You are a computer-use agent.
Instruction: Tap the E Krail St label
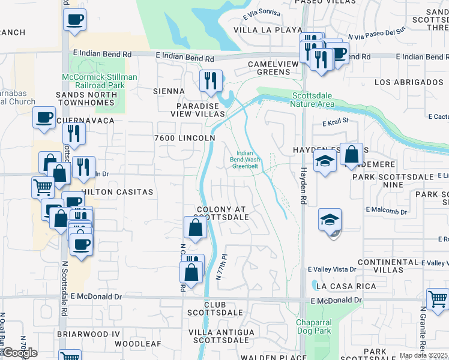click(335, 122)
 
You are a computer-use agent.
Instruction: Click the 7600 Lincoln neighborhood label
click(184, 138)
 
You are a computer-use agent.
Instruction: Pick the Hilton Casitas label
click(118, 192)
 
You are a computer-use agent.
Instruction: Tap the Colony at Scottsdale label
click(221, 213)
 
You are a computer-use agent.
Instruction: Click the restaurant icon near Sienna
click(211, 80)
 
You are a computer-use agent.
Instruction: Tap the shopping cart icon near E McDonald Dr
click(438, 298)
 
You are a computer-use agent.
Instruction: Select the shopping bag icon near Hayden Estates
click(352, 154)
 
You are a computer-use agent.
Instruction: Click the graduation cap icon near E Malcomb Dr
click(330, 220)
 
